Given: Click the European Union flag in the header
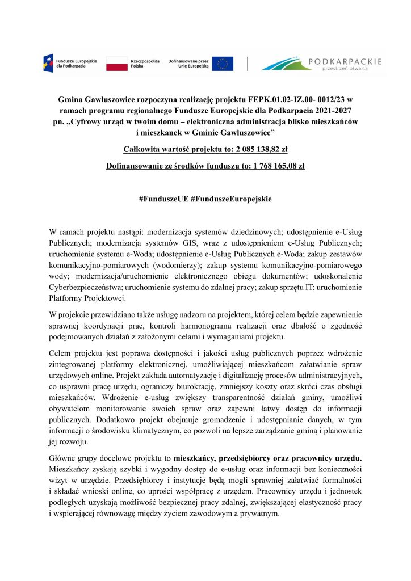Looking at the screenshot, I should pos(223,63).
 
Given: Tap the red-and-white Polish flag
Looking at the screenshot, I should pos(117,63).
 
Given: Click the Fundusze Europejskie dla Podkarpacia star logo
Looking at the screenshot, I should pos(49,63).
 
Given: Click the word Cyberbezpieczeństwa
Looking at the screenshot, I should pos(87,288).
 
